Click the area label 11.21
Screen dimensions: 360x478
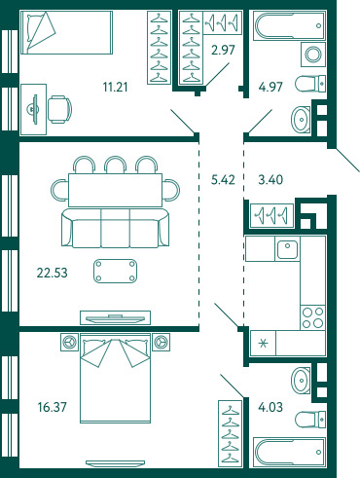(x=115, y=87)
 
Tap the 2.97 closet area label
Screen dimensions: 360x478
(x=223, y=51)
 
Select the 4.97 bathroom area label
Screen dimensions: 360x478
(x=270, y=87)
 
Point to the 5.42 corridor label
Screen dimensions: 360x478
(x=223, y=179)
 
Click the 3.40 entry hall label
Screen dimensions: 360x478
(x=270, y=179)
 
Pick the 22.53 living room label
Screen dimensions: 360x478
(x=52, y=273)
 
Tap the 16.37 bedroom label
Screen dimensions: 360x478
(x=52, y=407)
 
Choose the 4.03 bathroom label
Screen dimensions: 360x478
(x=270, y=407)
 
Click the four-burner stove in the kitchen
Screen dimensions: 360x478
(x=312, y=317)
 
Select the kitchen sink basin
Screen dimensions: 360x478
(x=287, y=248)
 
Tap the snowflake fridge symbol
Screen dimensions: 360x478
(x=264, y=343)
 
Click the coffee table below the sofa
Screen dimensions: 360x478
(x=115, y=271)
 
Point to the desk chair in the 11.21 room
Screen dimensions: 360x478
(x=59, y=109)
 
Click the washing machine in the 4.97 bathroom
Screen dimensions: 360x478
(x=313, y=55)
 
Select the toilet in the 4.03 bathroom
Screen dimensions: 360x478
(x=310, y=419)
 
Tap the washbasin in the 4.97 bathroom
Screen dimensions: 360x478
(x=301, y=120)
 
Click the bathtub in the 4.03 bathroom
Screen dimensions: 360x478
(x=289, y=452)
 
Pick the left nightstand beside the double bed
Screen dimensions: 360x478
(x=69, y=342)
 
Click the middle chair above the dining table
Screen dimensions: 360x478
(x=115, y=165)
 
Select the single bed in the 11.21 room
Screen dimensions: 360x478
(x=66, y=32)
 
